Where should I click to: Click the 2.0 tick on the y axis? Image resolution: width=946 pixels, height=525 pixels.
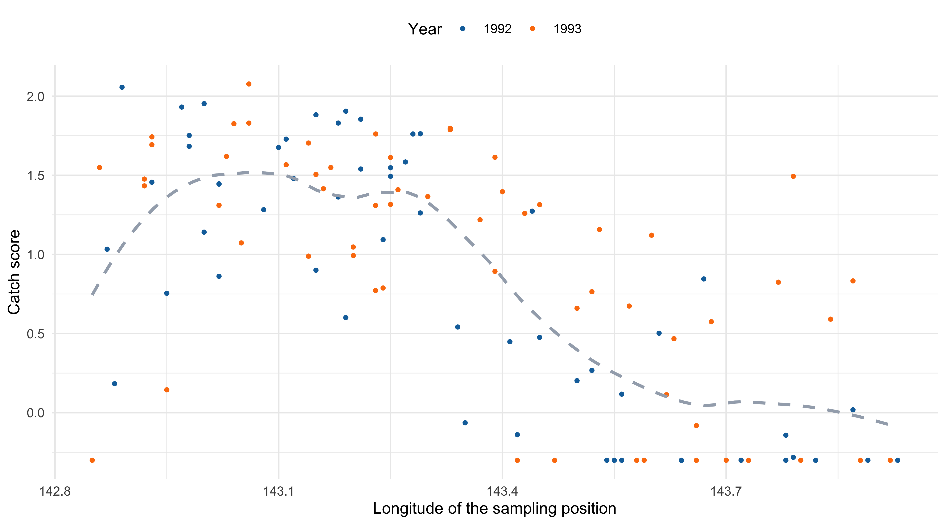pos(35,96)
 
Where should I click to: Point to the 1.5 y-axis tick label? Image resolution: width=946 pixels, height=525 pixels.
pos(35,176)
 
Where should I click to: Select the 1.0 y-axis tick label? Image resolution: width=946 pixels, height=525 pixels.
pos(35,255)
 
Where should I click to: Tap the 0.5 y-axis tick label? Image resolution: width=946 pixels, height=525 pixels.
pos(35,334)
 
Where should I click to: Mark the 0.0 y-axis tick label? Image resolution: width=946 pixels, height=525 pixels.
pos(35,413)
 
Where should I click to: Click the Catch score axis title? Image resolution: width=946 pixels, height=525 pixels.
pos(14,272)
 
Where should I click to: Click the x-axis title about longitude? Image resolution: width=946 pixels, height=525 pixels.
pos(494,508)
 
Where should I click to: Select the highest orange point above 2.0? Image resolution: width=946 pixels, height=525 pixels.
pos(249,84)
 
